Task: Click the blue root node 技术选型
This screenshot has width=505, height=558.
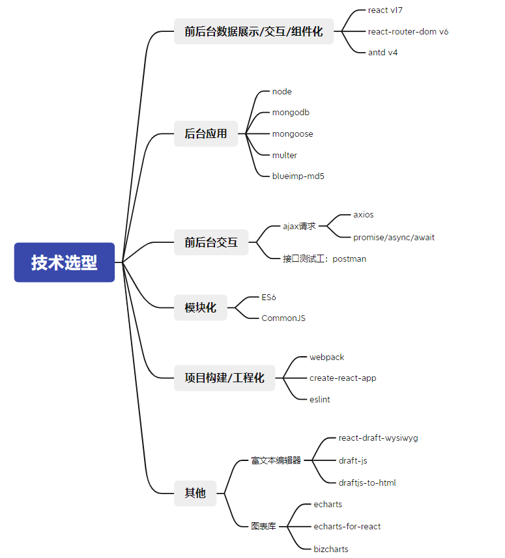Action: click(65, 262)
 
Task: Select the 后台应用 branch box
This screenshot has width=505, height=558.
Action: click(206, 133)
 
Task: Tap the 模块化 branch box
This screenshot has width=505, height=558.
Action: click(201, 307)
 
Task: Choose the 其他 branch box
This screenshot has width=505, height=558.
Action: click(195, 494)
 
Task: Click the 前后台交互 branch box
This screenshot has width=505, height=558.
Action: click(211, 242)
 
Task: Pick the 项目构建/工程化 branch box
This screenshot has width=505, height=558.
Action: click(224, 378)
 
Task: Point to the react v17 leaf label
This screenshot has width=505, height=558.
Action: click(385, 10)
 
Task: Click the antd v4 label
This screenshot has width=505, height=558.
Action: click(383, 52)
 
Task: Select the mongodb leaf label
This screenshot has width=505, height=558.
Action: click(291, 113)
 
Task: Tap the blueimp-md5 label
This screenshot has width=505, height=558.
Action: click(298, 176)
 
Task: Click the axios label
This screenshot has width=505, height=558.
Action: click(363, 215)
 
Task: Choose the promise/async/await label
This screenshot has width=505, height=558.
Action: click(394, 238)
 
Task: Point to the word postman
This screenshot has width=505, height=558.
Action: click(349, 259)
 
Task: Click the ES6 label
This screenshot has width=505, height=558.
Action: click(268, 297)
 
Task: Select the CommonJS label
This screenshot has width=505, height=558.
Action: click(283, 318)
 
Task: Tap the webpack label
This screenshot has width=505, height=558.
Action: click(327, 357)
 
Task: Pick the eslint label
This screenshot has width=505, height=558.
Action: click(320, 399)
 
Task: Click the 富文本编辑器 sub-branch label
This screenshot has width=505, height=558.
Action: click(276, 460)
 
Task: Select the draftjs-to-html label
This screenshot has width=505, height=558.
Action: click(367, 483)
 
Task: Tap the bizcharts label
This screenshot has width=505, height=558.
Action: click(331, 549)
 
